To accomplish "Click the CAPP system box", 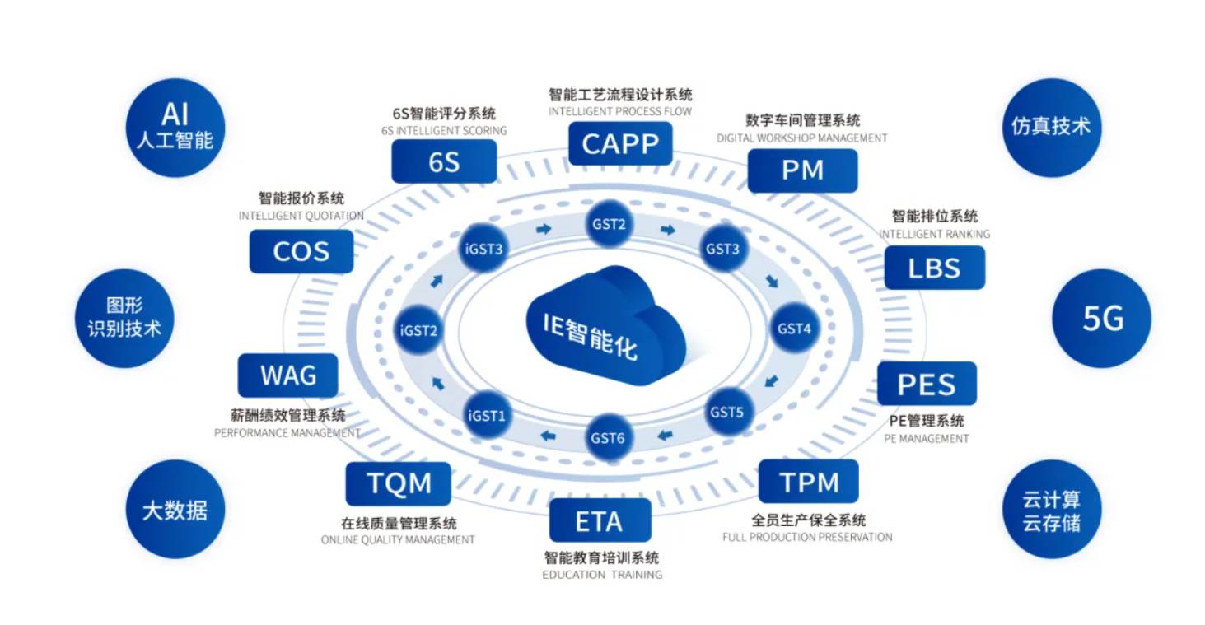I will tap(620, 144).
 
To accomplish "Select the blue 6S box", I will tap(444, 161).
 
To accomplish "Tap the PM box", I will tap(802, 170).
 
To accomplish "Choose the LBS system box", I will tap(934, 268).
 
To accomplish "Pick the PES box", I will tap(927, 384).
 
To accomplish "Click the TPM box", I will tap(808, 482).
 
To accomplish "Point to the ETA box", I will tap(600, 520).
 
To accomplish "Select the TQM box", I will tap(399, 483).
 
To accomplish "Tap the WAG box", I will tap(288, 375).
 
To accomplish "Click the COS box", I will tap(301, 251).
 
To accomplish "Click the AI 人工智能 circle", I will tap(175, 128).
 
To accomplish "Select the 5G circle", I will tap(1102, 319).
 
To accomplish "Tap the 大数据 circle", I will tap(175, 510).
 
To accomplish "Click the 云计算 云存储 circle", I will tap(1051, 511).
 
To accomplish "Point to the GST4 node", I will tap(794, 329).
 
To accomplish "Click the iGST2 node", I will tap(418, 330).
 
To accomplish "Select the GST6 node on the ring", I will tap(608, 437).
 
